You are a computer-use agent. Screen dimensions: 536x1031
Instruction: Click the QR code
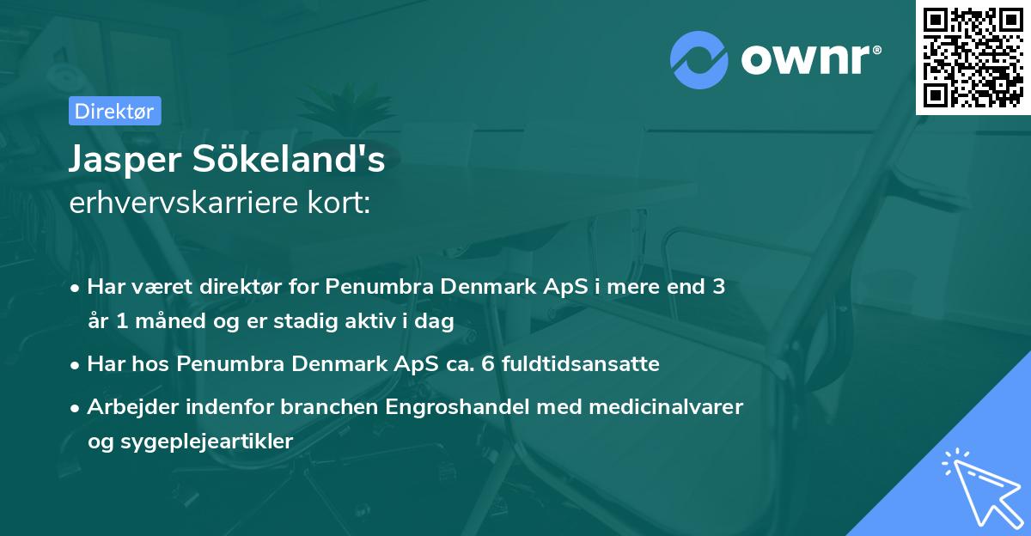pyautogui.click(x=973, y=58)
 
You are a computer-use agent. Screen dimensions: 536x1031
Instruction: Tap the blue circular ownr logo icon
pyautogui.click(x=699, y=59)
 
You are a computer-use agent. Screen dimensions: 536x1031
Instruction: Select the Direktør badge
pyautogui.click(x=114, y=112)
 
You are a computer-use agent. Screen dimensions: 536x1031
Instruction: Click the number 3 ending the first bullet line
pyautogui.click(x=718, y=287)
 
